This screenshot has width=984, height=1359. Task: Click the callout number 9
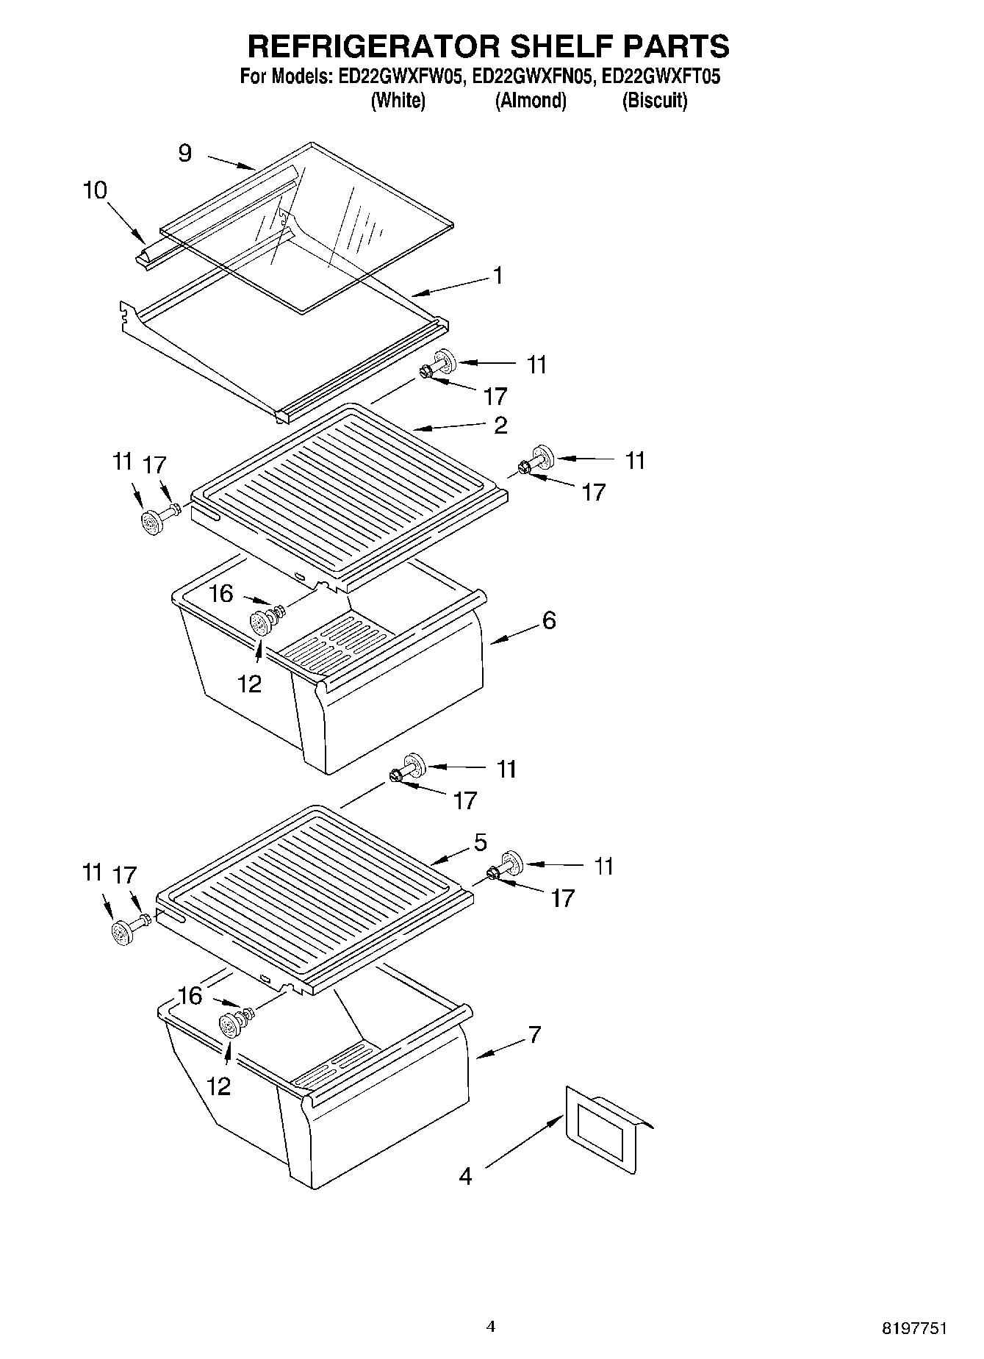pyautogui.click(x=184, y=153)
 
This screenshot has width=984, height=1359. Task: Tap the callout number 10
pyautogui.click(x=95, y=190)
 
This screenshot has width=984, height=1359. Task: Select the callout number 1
pyautogui.click(x=498, y=276)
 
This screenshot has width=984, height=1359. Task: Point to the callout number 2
pyautogui.click(x=500, y=426)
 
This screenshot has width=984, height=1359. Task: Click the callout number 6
pyautogui.click(x=549, y=620)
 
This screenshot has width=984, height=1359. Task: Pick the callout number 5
pyautogui.click(x=480, y=842)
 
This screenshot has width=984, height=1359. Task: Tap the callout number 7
pyautogui.click(x=534, y=1035)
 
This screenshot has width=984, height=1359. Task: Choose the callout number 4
pyautogui.click(x=465, y=1176)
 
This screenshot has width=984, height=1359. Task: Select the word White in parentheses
pyautogui.click(x=398, y=101)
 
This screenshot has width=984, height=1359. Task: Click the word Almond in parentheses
pyautogui.click(x=531, y=101)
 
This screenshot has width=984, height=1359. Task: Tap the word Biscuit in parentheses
pyautogui.click(x=655, y=101)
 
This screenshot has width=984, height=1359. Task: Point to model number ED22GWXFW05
pyautogui.click(x=402, y=76)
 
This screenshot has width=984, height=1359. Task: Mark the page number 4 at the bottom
pyautogui.click(x=491, y=1326)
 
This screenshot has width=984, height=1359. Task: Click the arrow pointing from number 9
pyautogui.click(x=231, y=163)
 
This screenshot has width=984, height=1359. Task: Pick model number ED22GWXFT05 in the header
pyautogui.click(x=661, y=76)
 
